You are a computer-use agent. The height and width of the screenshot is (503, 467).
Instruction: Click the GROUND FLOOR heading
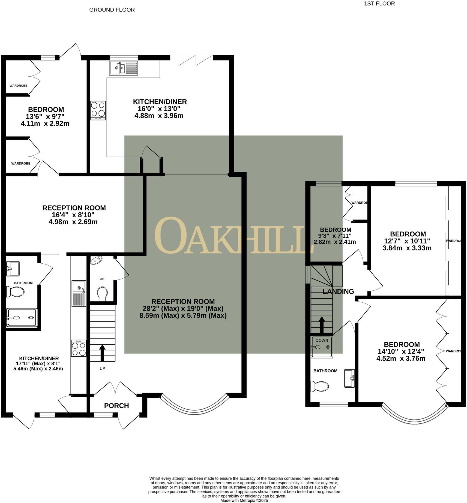coord(112,10)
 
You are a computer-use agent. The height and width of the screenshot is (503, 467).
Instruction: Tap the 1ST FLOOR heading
coord(379,4)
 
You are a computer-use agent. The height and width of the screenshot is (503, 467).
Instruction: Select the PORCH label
coord(116,406)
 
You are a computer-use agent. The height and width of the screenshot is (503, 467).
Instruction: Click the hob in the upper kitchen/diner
coord(98,110)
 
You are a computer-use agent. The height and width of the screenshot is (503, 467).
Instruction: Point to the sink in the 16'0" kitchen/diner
coord(124,68)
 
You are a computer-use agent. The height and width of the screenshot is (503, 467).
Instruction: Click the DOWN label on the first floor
coord(322,340)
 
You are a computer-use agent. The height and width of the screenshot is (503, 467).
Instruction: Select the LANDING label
coord(338,291)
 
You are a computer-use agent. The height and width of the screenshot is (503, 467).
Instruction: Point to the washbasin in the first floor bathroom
coord(349,378)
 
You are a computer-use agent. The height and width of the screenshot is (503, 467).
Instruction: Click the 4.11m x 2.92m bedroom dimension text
coord(45,124)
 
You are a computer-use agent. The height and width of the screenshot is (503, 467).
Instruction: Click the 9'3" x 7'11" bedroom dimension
coord(335,235)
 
